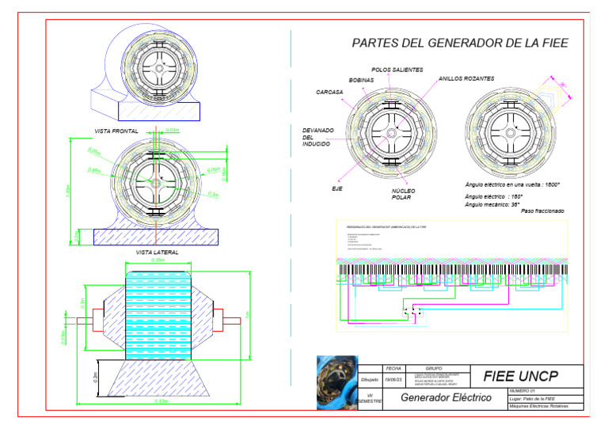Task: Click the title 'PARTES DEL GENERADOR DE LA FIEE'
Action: click(x=460, y=44)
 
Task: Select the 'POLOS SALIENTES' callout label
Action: click(x=397, y=70)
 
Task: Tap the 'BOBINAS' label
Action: click(x=361, y=80)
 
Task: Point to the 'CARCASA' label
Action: click(x=329, y=92)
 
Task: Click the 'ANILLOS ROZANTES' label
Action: click(x=466, y=79)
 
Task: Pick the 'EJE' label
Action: click(x=336, y=189)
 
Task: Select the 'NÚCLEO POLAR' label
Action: click(x=403, y=195)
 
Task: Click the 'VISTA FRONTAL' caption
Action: click(x=116, y=131)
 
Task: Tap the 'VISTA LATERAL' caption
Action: click(x=158, y=252)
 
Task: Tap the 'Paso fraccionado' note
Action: click(x=542, y=211)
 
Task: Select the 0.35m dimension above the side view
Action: click(x=158, y=260)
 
